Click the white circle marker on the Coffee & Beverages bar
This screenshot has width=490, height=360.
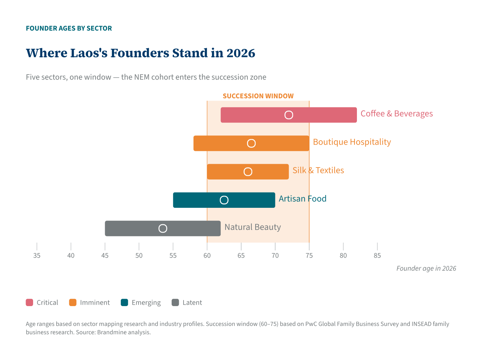(289, 115)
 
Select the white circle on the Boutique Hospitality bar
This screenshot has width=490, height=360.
(251, 143)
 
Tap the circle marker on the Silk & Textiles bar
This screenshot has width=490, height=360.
(248, 172)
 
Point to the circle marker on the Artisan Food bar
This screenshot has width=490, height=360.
(224, 200)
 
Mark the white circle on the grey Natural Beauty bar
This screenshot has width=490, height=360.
(163, 228)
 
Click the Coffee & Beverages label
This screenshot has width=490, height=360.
(397, 114)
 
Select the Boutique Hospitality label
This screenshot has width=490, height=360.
(352, 142)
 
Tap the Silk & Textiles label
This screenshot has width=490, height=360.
(318, 170)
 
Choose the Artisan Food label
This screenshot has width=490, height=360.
(302, 199)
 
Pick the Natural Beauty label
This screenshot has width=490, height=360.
(253, 227)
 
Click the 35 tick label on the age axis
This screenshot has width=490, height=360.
(37, 256)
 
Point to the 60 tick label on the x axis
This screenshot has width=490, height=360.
(207, 256)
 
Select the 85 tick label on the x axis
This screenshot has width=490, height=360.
(377, 256)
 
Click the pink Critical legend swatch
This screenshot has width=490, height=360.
(30, 303)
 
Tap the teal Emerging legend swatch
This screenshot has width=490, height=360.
(125, 303)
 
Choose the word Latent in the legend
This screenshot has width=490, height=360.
(192, 303)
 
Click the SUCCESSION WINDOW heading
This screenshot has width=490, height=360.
(258, 96)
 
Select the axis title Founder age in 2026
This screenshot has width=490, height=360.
(426, 269)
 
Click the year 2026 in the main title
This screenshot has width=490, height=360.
(241, 53)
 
